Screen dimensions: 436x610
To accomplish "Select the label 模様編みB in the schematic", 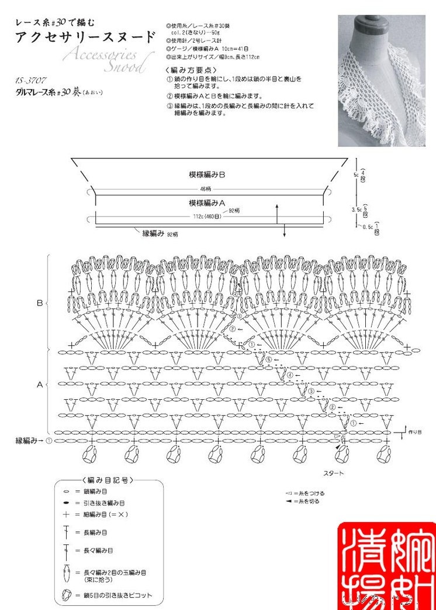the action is [x=207, y=174].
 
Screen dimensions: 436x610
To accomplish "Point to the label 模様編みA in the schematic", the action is [x=207, y=203].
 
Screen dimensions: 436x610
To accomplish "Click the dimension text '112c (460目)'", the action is [x=207, y=216].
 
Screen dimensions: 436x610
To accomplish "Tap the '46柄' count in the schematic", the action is [x=205, y=189].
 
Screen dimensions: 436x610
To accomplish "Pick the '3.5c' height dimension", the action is [x=357, y=209].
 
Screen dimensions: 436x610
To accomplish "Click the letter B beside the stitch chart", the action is [x=39, y=303].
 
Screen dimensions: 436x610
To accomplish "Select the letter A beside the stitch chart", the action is [x=39, y=385].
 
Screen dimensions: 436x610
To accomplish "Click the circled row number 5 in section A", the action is [x=269, y=359].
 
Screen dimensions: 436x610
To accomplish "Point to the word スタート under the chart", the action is [x=334, y=472].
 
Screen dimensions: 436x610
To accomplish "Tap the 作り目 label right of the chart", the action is [x=416, y=431].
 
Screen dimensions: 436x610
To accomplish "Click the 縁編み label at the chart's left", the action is [x=29, y=440].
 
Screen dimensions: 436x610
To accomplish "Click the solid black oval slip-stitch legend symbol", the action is [x=66, y=503].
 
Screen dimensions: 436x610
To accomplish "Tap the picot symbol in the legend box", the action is [x=66, y=595].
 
